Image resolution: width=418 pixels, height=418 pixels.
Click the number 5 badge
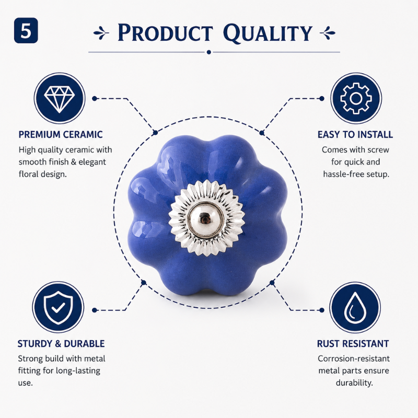26,30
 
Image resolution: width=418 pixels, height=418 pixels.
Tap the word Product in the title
165,33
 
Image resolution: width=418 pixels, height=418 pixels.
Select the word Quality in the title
268,33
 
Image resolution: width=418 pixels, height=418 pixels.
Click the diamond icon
60,98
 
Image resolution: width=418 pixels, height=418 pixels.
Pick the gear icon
356,98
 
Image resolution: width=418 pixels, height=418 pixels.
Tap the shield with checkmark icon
58,307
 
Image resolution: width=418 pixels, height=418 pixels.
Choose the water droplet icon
355,307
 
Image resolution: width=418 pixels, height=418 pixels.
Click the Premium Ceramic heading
61,135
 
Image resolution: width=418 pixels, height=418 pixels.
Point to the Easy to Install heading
355,135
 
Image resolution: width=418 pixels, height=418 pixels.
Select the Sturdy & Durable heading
61,344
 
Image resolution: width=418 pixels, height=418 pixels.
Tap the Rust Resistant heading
353,344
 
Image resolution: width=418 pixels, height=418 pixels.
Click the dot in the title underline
208,52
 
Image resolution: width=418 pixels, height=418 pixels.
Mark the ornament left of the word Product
101,33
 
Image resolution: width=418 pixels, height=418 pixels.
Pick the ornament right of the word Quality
328,33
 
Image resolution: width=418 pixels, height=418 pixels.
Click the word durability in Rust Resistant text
354,383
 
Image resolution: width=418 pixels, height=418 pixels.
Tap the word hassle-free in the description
343,175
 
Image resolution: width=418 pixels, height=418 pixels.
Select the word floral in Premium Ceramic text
29,175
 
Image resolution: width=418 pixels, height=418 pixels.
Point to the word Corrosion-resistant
354,358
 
